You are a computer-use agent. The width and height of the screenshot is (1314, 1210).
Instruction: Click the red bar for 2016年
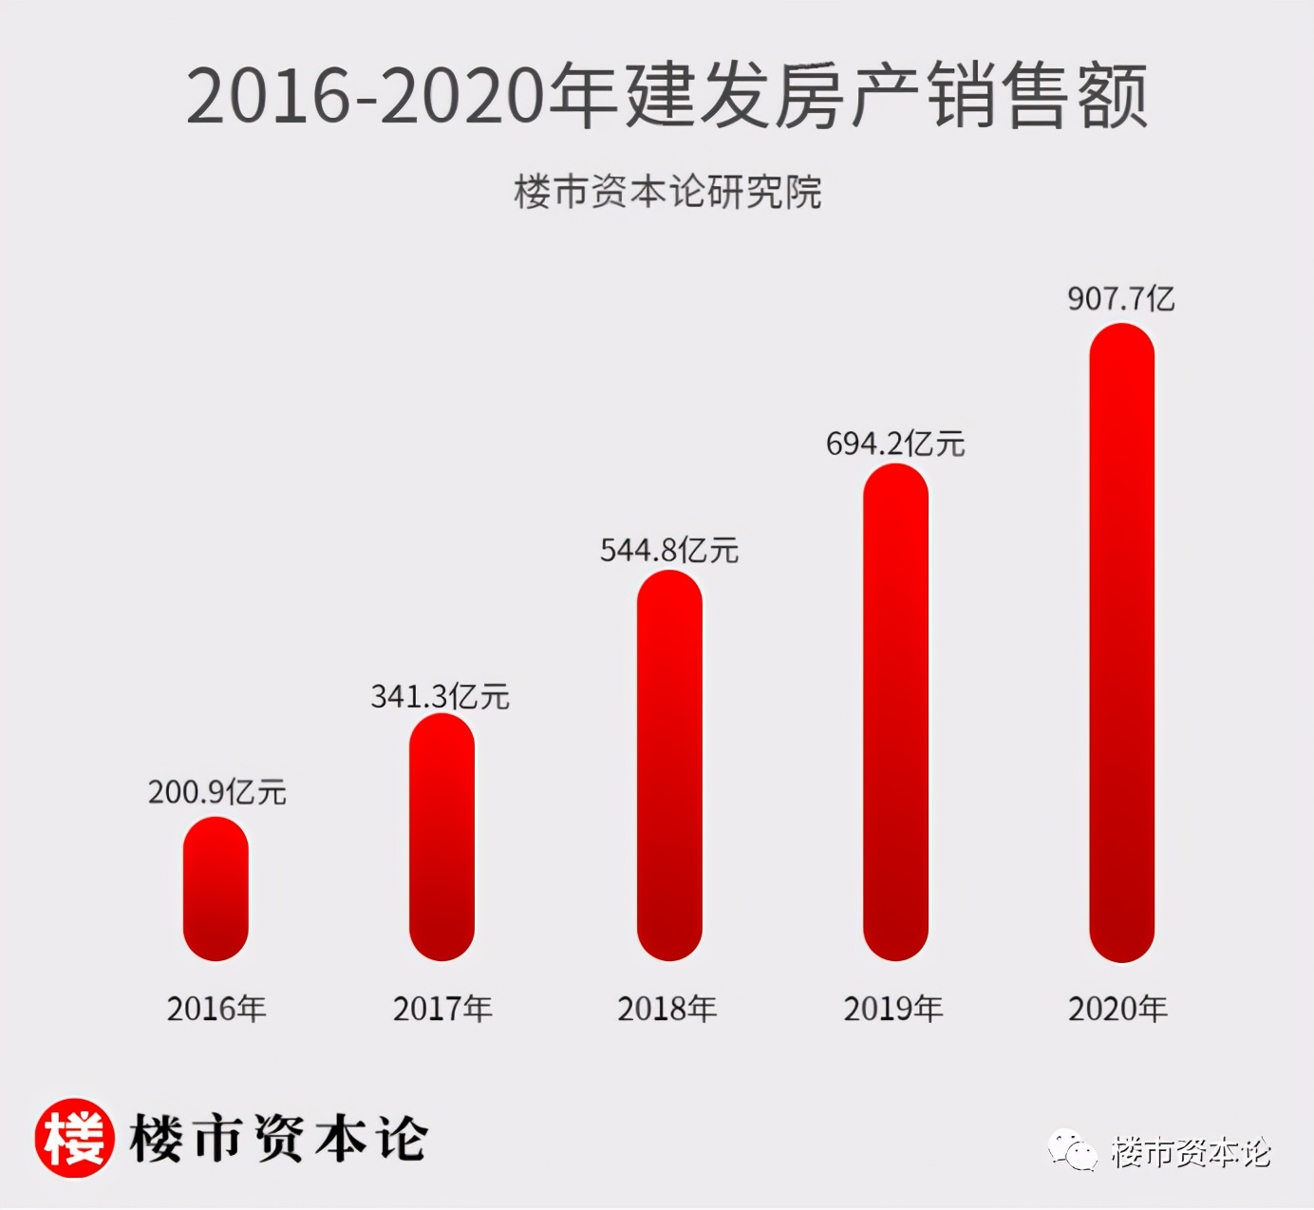(216, 889)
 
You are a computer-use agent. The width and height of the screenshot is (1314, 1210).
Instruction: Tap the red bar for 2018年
(669, 766)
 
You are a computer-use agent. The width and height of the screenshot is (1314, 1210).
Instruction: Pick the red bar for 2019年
(895, 712)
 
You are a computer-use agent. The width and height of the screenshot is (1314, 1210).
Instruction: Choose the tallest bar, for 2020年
(1121, 643)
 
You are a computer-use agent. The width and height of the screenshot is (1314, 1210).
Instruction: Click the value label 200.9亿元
(216, 791)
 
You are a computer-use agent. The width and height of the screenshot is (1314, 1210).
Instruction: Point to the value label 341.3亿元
(440, 696)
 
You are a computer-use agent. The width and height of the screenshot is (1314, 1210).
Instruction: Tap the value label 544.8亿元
(668, 550)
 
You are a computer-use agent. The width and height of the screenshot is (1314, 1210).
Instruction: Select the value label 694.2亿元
(894, 444)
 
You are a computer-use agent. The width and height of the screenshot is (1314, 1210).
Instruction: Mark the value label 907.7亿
(1120, 299)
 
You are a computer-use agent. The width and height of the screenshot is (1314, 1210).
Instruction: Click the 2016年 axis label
(216, 1009)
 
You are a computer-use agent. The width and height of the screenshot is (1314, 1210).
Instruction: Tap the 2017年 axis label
(442, 1009)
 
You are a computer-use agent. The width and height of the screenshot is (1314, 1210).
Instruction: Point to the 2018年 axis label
(667, 1009)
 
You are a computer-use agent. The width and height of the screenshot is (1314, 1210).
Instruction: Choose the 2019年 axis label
(893, 1009)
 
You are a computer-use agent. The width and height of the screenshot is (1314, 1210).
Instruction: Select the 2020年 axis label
(1118, 1009)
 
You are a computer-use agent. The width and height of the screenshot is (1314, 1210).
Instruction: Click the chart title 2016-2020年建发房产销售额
(666, 96)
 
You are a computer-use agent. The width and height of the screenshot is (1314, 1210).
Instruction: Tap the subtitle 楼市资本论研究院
(667, 192)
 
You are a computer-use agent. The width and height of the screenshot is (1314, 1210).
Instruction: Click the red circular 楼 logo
(74, 1138)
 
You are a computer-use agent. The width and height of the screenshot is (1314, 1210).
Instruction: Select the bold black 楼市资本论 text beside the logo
(279, 1138)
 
